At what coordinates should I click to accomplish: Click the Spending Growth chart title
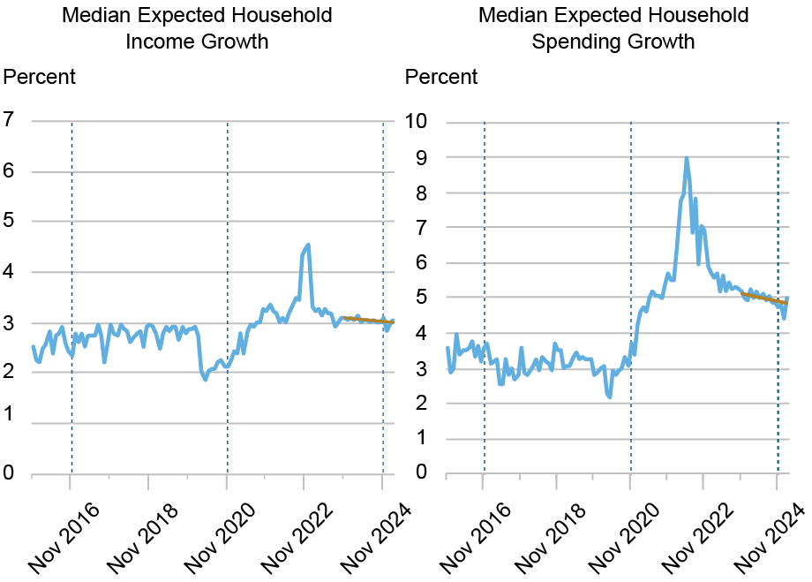pyautogui.click(x=613, y=28)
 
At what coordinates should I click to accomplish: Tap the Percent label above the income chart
pyautogui.click(x=40, y=77)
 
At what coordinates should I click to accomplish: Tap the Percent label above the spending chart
pyautogui.click(x=441, y=77)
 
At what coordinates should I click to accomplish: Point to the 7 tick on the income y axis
pyautogui.click(x=10, y=119)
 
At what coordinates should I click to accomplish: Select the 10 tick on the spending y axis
pyautogui.click(x=417, y=122)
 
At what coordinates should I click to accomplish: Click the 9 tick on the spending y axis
pyautogui.click(x=422, y=157)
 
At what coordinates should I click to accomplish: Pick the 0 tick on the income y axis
pyautogui.click(x=10, y=474)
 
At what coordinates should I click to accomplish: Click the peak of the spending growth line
pyautogui.click(x=686, y=159)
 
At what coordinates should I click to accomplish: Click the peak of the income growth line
pyautogui.click(x=307, y=245)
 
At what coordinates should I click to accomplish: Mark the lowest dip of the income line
pyautogui.click(x=206, y=379)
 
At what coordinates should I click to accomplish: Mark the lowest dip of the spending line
pyautogui.click(x=609, y=397)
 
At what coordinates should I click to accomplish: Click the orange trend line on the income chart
pyautogui.click(x=366, y=319)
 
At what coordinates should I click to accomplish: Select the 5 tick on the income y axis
pyautogui.click(x=10, y=221)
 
